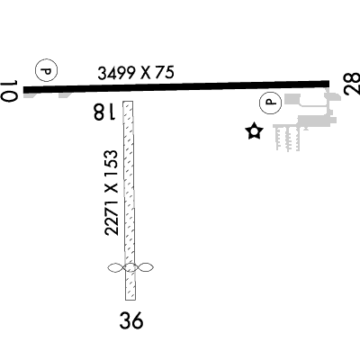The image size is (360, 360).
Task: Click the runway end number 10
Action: tap(9, 91)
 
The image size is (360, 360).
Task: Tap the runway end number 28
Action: tap(352, 84)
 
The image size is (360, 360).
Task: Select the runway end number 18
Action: tap(104, 112)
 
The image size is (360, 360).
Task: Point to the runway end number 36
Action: tap(131, 320)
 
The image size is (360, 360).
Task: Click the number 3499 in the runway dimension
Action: tap(117, 74)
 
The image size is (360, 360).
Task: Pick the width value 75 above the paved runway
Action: tap(164, 72)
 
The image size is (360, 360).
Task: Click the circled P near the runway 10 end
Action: tap(47, 71)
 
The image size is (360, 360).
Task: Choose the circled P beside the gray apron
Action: tap(271, 103)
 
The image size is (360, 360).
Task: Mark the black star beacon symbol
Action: tap(254, 131)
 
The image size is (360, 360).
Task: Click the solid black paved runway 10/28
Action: tap(176, 86)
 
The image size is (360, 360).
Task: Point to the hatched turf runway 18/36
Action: tap(130, 201)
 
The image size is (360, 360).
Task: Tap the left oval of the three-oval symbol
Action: tap(116, 268)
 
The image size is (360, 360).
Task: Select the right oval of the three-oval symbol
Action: tap(146, 268)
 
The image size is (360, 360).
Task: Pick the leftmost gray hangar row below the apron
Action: tap(278, 138)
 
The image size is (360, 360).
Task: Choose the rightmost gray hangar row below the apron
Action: tap(296, 138)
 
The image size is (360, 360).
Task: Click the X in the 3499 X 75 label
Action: tap(146, 73)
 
